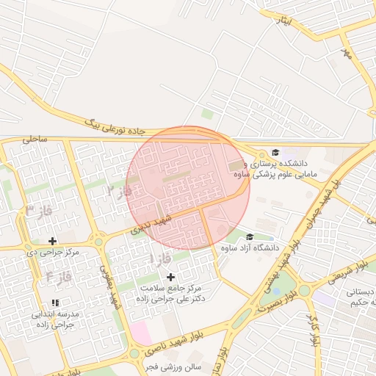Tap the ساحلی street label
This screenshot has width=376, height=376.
point(34,137)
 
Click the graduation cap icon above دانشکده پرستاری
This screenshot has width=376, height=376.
point(275,152)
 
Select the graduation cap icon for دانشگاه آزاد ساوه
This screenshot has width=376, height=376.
point(250,236)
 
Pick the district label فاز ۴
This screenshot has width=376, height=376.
point(59,278)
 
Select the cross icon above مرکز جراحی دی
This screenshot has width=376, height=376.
point(53,241)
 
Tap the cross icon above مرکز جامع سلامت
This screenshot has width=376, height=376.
point(171,277)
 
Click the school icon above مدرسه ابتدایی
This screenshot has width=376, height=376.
point(55,303)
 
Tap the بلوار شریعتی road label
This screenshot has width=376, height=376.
point(346,270)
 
